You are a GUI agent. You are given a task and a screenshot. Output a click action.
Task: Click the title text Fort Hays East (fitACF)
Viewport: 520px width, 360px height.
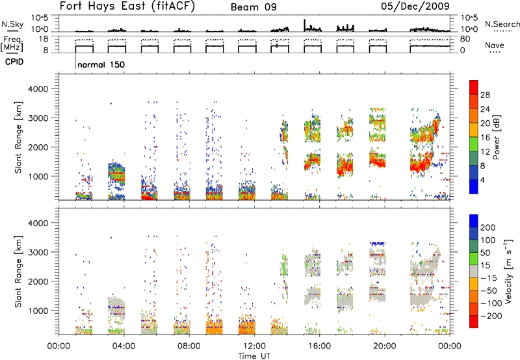[x=127, y=6]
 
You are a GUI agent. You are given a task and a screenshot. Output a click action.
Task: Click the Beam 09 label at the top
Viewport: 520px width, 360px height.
[x=253, y=7]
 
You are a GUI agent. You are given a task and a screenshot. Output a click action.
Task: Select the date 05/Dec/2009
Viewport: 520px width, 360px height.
[x=415, y=6]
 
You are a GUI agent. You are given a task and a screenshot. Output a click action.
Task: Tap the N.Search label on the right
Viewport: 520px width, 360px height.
[x=502, y=24]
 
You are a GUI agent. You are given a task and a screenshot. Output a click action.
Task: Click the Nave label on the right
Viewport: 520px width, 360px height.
[x=495, y=45]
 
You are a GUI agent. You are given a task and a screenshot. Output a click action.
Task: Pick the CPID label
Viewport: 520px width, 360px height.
[x=14, y=62]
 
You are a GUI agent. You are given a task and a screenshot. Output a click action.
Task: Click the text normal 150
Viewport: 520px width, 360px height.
[x=101, y=64]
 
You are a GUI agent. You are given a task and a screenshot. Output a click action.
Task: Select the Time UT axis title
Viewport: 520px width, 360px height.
[x=254, y=356]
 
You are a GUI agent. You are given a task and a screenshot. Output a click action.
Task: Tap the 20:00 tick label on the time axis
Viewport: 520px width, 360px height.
[x=385, y=346]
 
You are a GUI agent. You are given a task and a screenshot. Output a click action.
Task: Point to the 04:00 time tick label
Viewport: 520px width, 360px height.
[x=123, y=346]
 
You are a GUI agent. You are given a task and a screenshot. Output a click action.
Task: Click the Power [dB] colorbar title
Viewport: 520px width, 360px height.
[x=497, y=137]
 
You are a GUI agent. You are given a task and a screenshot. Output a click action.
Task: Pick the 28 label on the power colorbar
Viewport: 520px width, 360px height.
[x=485, y=95]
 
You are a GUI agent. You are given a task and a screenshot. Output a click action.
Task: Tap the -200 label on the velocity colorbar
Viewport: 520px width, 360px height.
[x=491, y=316]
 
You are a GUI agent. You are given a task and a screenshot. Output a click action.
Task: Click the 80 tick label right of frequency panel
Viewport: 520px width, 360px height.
[x=465, y=39]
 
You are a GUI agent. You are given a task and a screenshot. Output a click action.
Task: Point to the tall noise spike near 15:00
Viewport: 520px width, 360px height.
[x=304, y=25]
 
